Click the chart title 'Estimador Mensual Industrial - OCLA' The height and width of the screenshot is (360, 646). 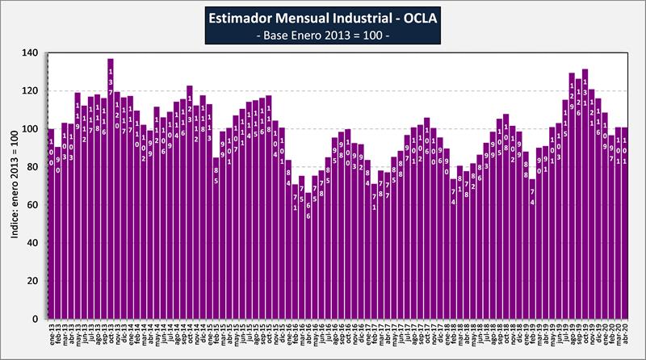point(322,18)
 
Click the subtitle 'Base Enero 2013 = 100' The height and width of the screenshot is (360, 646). point(322,36)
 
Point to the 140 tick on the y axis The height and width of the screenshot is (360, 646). point(36,52)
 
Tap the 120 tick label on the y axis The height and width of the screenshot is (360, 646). point(36,90)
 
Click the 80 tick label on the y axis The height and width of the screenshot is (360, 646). point(36,167)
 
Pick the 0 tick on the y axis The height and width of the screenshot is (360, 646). point(39,319)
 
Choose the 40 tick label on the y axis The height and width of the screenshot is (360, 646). point(36,243)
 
